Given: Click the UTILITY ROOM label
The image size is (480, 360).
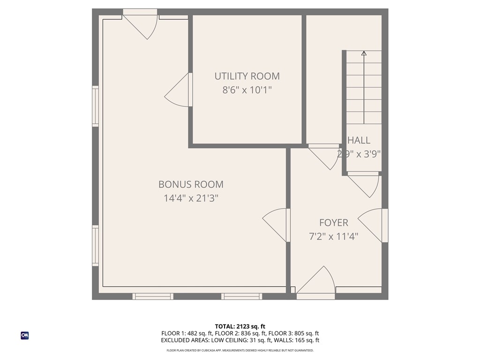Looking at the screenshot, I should pyautogui.click(x=247, y=76).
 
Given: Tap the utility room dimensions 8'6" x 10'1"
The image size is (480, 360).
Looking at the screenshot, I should pyautogui.click(x=247, y=90).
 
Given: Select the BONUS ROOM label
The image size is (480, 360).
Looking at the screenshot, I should pyautogui.click(x=191, y=184).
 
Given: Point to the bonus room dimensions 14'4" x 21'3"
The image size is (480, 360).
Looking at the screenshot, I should pyautogui.click(x=191, y=198).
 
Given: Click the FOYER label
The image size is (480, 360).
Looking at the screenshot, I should pyautogui.click(x=334, y=223).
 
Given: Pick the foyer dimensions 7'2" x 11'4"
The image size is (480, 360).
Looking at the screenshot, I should pyautogui.click(x=334, y=237).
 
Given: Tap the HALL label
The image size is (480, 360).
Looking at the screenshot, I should pyautogui.click(x=359, y=140).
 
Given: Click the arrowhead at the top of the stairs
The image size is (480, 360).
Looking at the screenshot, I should pyautogui.click(x=364, y=53).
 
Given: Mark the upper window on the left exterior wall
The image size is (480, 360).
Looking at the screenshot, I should pyautogui.click(x=96, y=106).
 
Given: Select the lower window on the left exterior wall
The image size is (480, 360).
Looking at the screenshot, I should pyautogui.click(x=96, y=246).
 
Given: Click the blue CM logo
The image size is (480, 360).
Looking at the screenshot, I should pyautogui.click(x=25, y=335).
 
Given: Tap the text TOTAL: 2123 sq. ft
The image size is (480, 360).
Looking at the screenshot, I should pyautogui.click(x=240, y=326).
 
